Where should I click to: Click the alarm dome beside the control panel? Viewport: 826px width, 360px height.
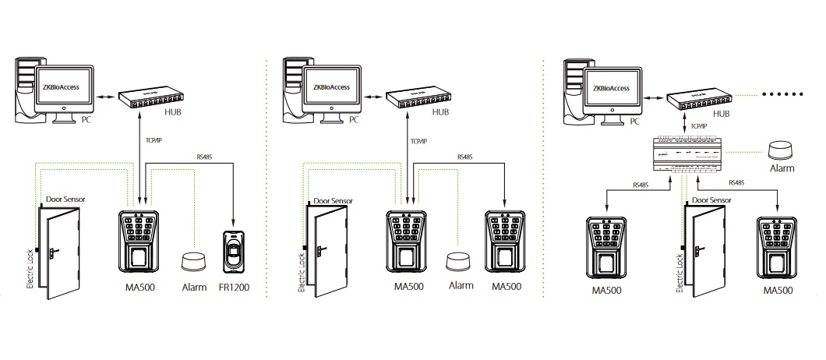[x=781, y=150]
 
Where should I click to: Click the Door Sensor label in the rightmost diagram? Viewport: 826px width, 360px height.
[x=711, y=200]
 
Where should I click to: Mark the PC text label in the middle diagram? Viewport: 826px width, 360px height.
[x=354, y=121]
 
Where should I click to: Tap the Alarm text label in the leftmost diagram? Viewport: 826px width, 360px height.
[x=194, y=288]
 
